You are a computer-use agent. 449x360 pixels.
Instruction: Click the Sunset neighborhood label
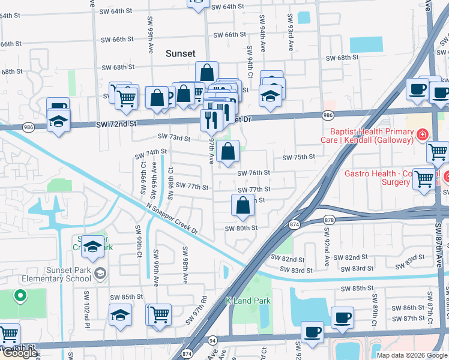[181, 53]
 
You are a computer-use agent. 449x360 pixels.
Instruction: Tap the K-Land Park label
[248, 301]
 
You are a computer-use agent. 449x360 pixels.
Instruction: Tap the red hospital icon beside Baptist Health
[423, 134]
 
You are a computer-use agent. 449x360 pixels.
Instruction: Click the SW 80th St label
[241, 228]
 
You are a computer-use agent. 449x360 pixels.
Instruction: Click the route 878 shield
[329, 220]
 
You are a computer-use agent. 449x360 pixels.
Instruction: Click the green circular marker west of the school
[20, 295]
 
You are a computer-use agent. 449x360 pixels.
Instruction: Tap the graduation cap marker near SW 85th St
[120, 314]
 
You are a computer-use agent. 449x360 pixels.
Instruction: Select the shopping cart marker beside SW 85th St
[159, 314]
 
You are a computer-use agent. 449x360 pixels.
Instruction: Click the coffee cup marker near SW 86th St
[342, 317]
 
